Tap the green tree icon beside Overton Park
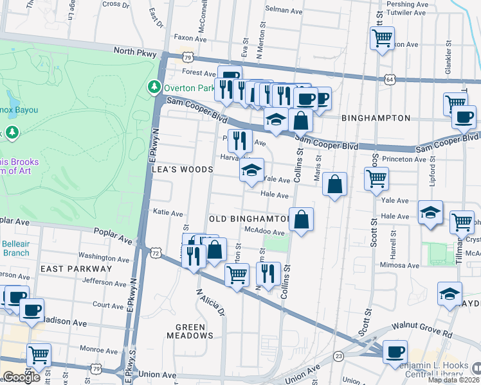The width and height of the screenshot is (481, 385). [x=154, y=86]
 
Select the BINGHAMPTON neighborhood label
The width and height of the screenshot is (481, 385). [x=376, y=118]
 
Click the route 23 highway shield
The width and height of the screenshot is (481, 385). [x=338, y=354]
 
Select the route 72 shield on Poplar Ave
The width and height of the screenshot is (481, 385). [x=155, y=254]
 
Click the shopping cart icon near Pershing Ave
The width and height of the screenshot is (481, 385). [x=382, y=39]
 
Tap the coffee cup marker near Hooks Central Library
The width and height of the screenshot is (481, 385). [x=395, y=352]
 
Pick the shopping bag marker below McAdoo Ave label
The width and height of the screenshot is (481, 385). [x=216, y=249]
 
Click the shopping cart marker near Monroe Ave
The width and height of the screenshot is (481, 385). [x=39, y=354]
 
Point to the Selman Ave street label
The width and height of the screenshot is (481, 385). [x=284, y=11]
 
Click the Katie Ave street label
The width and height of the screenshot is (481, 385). [x=168, y=212]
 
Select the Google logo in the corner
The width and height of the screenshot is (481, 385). [x=21, y=377]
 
